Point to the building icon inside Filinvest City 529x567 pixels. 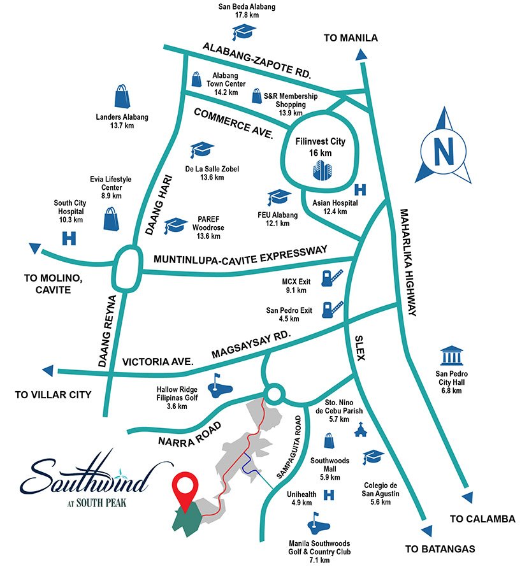point(323,170)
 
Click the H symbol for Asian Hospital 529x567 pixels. point(360,189)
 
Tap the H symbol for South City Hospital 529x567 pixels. point(68,238)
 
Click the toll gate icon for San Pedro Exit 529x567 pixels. point(332,309)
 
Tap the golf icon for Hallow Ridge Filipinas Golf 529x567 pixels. point(221,384)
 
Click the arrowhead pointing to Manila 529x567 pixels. point(361,56)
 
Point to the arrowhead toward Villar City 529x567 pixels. point(47,371)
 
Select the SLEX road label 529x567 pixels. point(358,348)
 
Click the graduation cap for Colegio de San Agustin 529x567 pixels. point(373,457)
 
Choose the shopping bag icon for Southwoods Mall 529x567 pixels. point(328,440)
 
